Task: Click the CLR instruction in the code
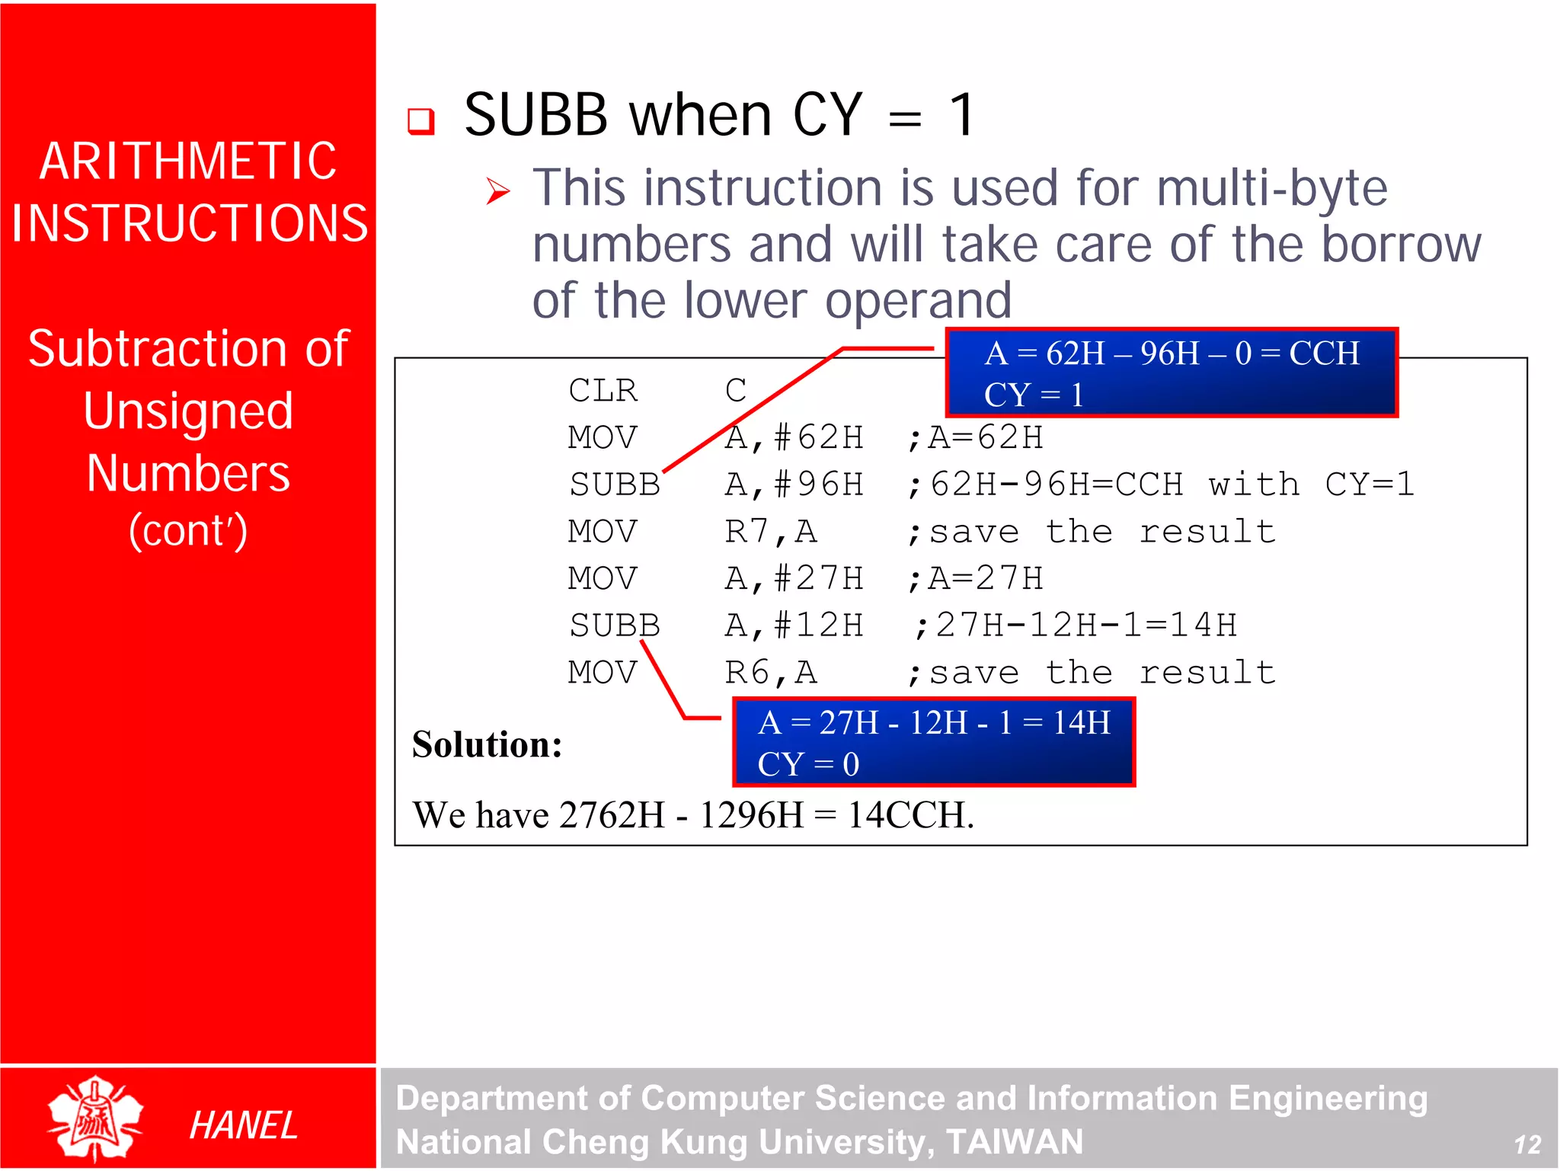tap(603, 391)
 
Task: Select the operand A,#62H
tap(794, 438)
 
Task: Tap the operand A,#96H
tap(794, 485)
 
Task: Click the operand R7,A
tap(771, 532)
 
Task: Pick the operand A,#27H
tap(794, 579)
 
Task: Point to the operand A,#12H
tap(794, 626)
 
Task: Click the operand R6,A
tap(771, 673)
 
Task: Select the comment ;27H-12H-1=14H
tap(1075, 626)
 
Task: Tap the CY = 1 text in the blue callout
tap(1033, 395)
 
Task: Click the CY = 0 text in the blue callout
tap(808, 764)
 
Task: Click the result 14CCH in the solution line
tap(910, 815)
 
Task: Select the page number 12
tap(1527, 1144)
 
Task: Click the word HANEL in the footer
tap(243, 1125)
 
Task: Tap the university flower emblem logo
tap(94, 1118)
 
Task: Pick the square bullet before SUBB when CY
tap(420, 120)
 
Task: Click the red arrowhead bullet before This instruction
tap(497, 190)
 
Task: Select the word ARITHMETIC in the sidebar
tap(188, 162)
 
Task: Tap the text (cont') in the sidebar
tap(188, 530)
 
